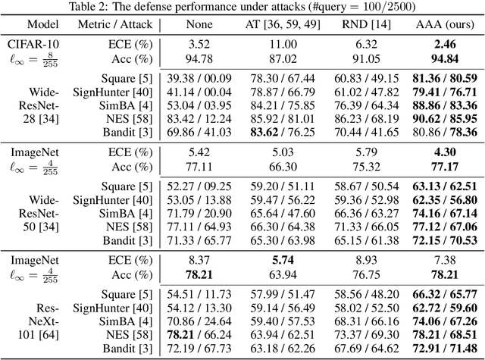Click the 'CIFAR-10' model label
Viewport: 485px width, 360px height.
pos(30,44)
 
